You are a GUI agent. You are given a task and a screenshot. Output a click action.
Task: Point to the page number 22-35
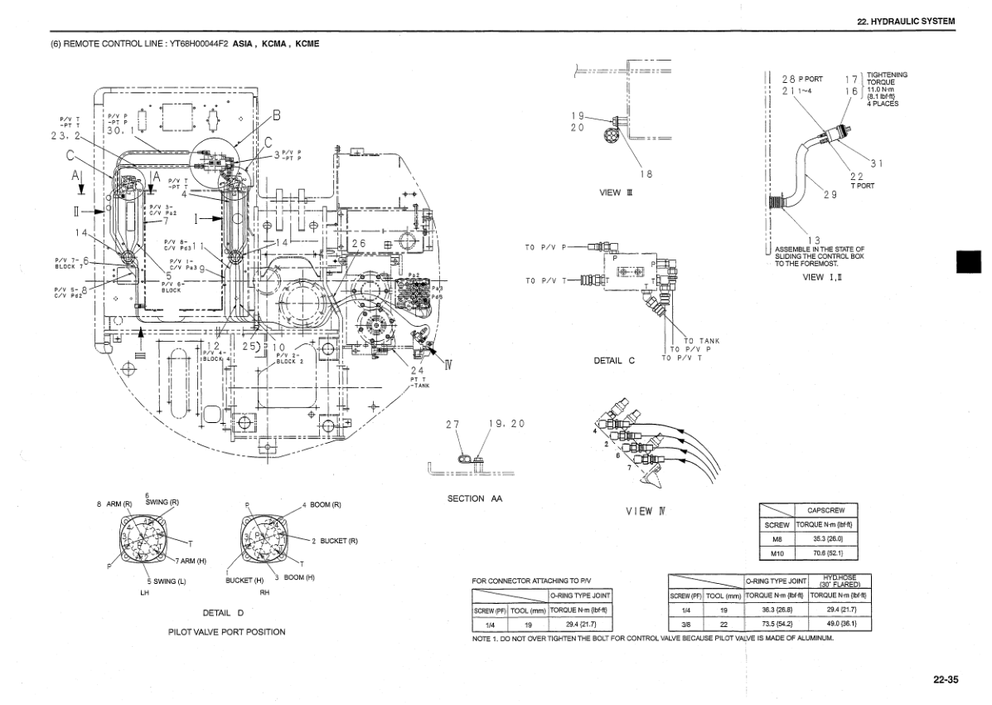click(x=945, y=679)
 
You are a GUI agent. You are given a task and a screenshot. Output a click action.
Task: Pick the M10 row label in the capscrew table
click(x=777, y=553)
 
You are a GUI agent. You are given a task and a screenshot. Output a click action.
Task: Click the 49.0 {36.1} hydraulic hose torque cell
click(x=838, y=623)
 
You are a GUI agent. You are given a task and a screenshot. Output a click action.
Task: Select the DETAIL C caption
click(x=614, y=361)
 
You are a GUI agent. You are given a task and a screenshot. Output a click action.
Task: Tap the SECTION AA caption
click(x=475, y=498)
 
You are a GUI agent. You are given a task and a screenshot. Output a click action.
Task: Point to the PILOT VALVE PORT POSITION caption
click(x=226, y=632)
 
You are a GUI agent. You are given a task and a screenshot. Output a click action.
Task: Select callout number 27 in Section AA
click(x=452, y=424)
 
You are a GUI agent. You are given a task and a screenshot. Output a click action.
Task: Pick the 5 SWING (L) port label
click(x=167, y=581)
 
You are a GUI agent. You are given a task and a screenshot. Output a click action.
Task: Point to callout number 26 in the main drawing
click(x=358, y=242)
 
